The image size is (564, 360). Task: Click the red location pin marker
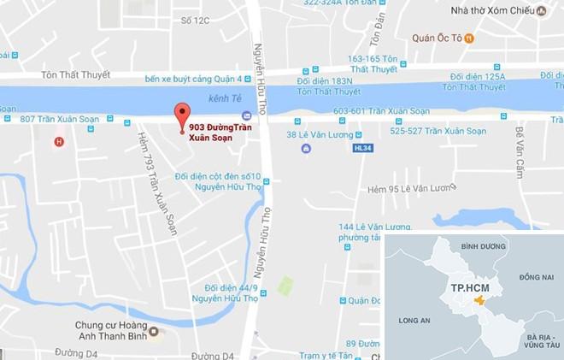[x=180, y=115]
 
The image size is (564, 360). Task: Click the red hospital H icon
[x=58, y=142]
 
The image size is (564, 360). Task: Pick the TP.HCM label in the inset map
[x=465, y=288]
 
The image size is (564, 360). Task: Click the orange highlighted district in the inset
[x=479, y=302]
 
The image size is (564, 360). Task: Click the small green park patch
[x=285, y=286]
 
